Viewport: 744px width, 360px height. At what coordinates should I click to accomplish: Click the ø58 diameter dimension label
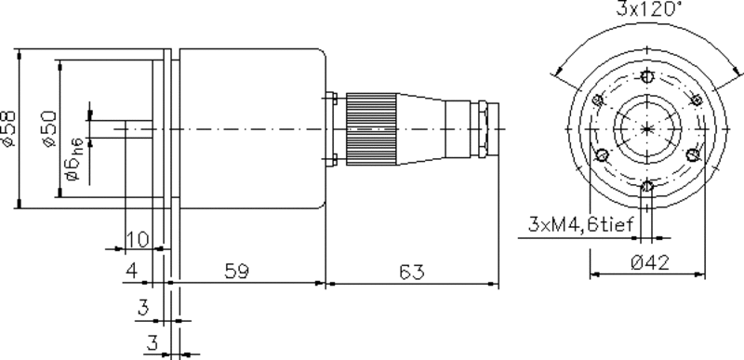8,129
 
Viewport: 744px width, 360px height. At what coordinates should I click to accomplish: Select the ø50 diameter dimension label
49,129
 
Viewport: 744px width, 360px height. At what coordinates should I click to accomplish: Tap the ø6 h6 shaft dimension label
75,159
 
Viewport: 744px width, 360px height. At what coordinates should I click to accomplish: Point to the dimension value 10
138,240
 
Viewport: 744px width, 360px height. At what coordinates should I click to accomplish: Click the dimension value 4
131,271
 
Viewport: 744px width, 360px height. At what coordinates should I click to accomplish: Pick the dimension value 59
237,271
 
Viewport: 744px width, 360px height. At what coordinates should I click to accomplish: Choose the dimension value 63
412,273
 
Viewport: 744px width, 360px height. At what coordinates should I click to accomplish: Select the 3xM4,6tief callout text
580,224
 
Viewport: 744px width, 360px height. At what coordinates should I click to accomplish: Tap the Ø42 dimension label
650,262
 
